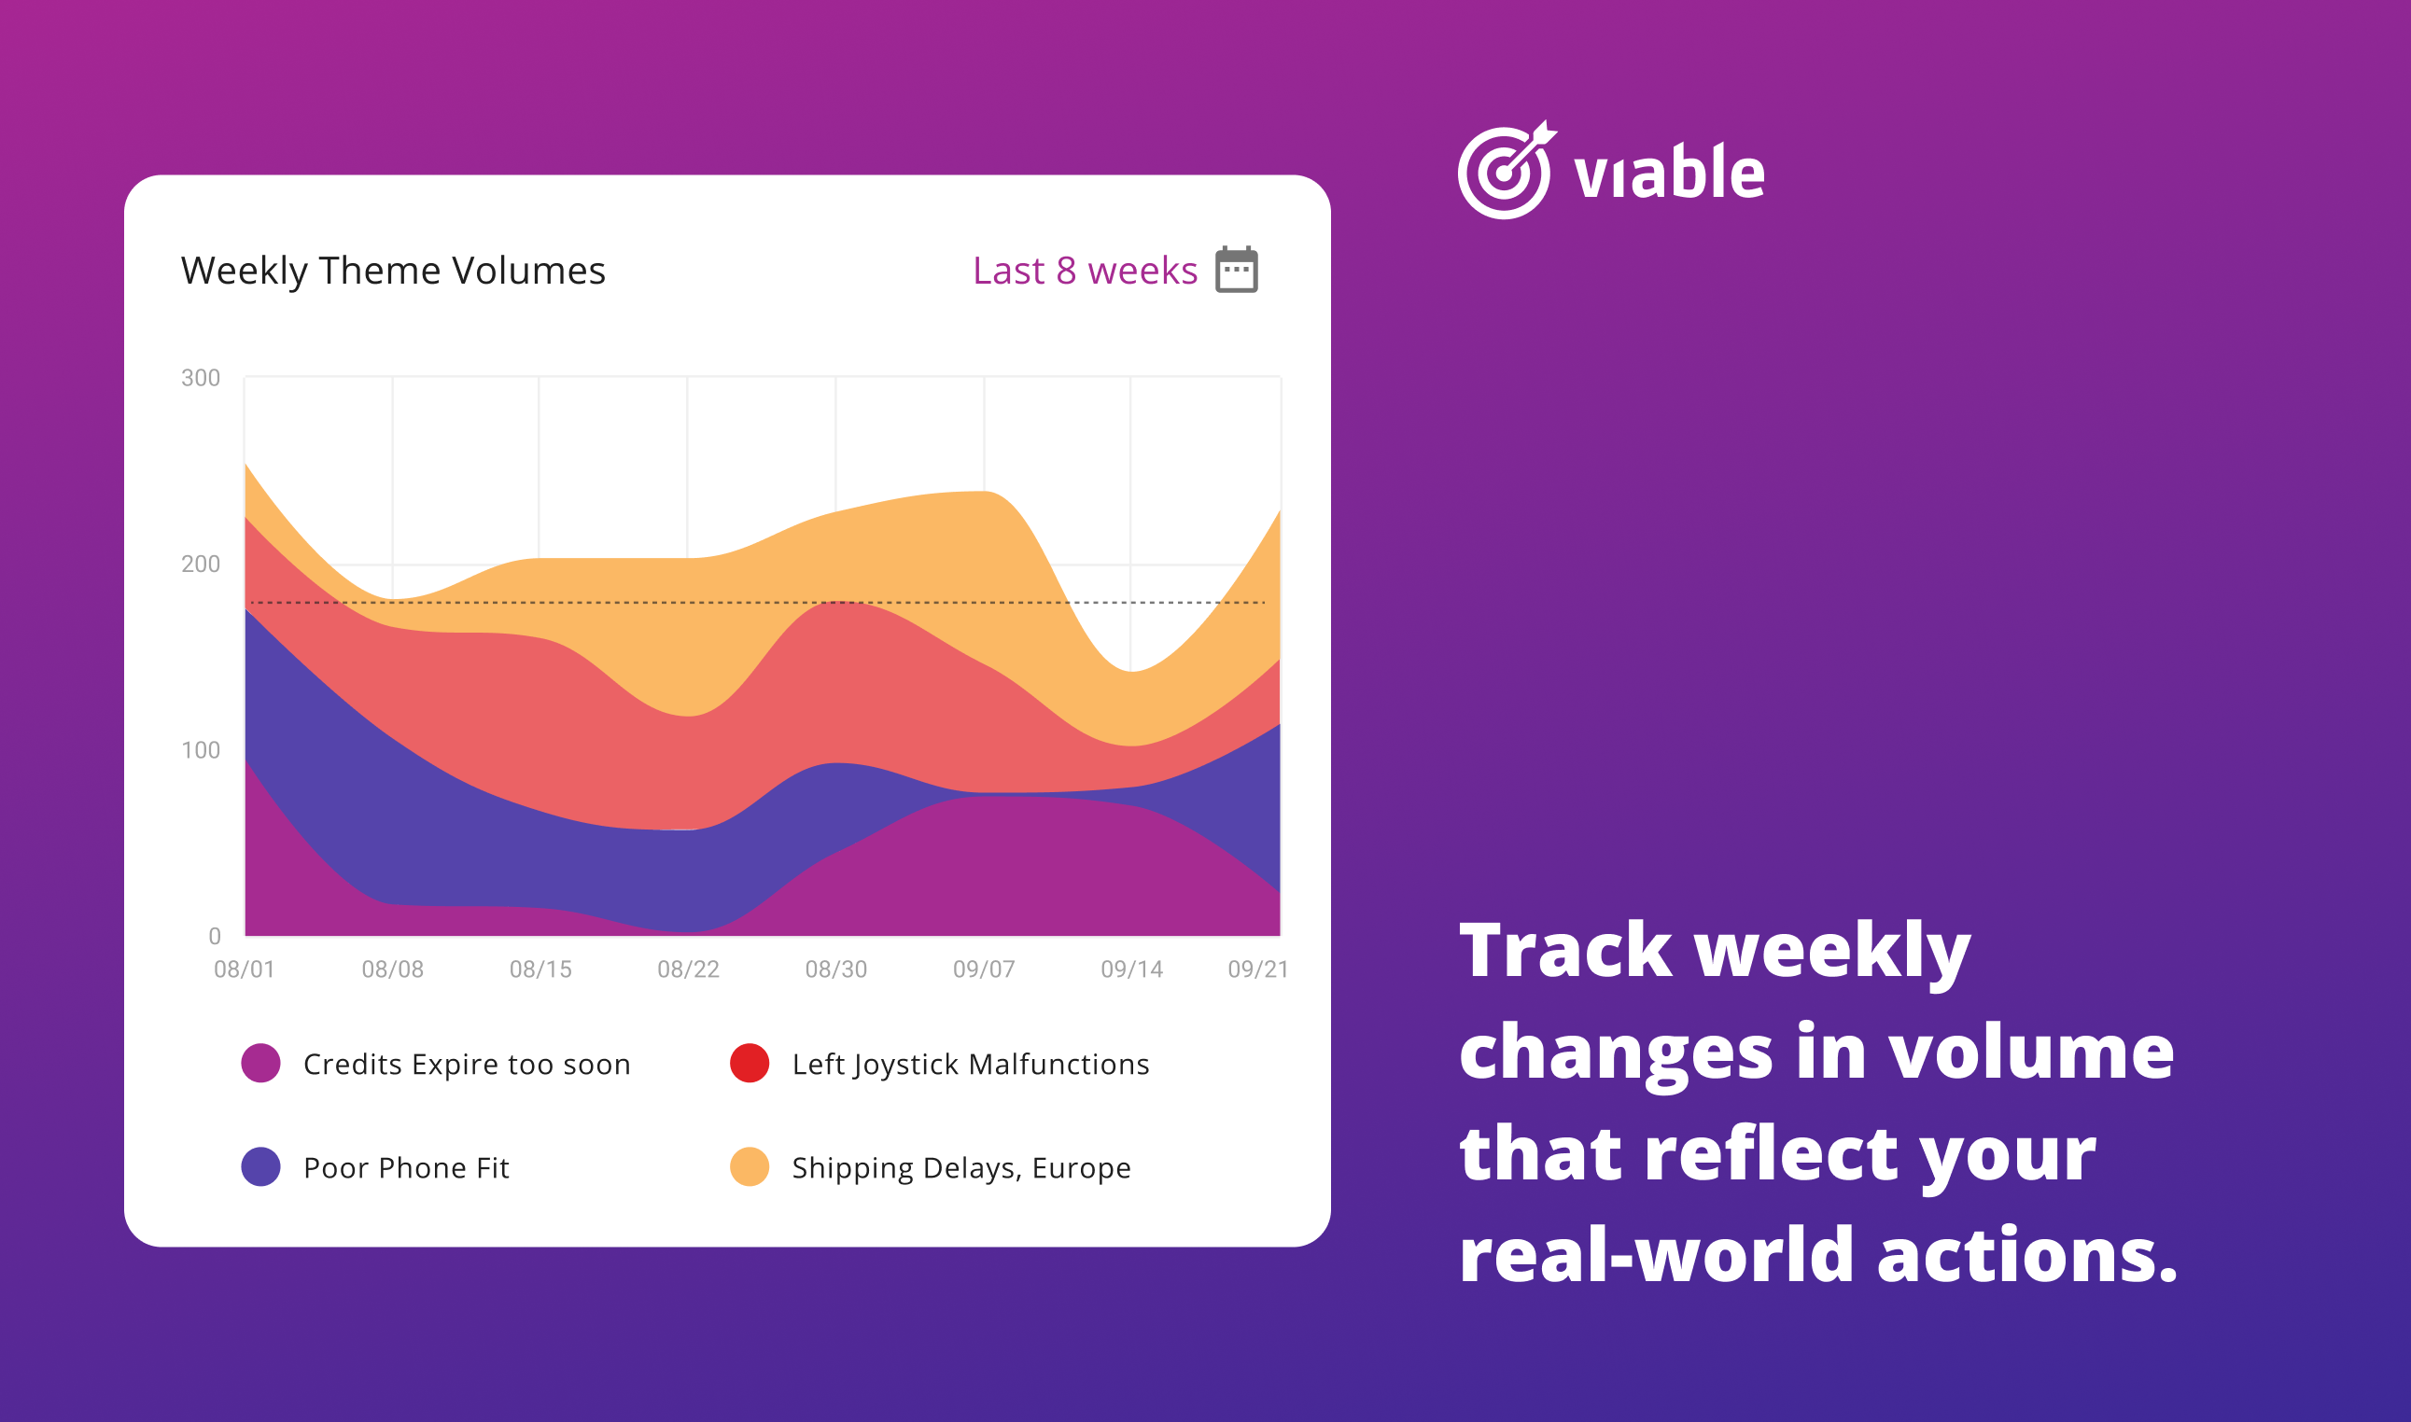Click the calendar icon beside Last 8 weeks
pos(1236,270)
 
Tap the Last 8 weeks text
pos(1085,272)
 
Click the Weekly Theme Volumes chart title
pos(393,272)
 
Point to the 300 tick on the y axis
pos(201,378)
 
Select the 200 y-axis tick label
pos(201,564)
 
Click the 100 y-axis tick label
pos(201,749)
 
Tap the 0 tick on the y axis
pos(215,935)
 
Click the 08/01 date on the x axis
pos(245,969)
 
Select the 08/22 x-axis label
pos(688,969)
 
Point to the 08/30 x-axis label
pos(835,969)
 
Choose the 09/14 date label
pos(1131,969)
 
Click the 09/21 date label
pos(1258,969)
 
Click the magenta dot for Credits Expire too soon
pos(260,1063)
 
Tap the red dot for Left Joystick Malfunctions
pos(750,1063)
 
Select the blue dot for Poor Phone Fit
pos(260,1166)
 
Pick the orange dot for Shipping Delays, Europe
pos(750,1166)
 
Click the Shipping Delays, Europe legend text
pos(961,1168)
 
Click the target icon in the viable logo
pos(1507,170)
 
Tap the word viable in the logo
pos(1668,172)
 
